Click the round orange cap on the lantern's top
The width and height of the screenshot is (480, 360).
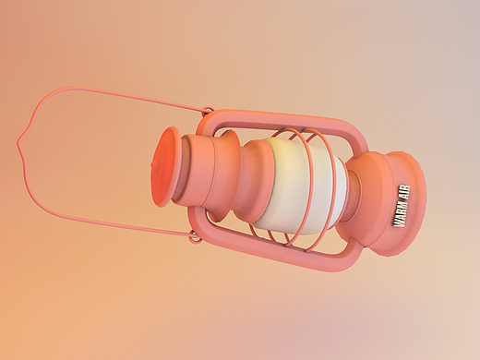pos(167,166)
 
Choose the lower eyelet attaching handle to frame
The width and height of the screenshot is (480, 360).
pos(195,237)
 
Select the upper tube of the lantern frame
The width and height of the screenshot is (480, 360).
pos(277,120)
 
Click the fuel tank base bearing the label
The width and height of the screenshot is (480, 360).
pos(388,203)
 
